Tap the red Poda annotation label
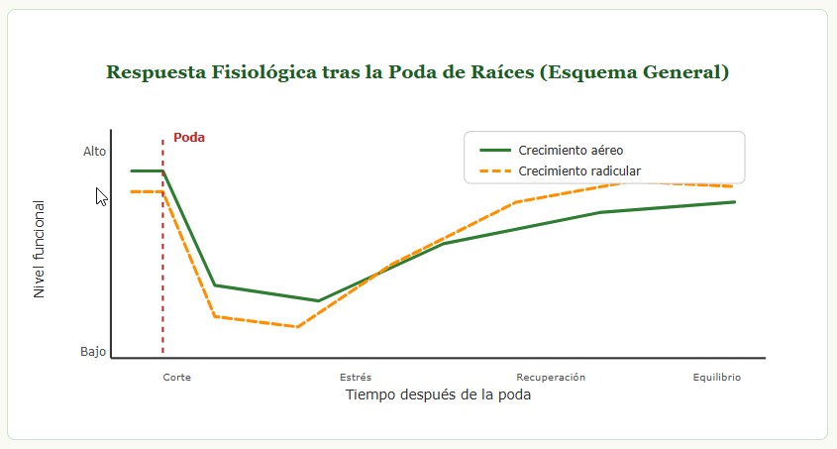[x=189, y=137]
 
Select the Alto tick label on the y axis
[x=94, y=152]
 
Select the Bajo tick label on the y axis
[x=93, y=352]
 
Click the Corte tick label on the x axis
[x=177, y=378]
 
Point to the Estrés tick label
[x=356, y=378]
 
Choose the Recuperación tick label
[x=551, y=378]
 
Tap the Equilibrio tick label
[x=716, y=378]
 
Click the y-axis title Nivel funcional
[x=40, y=250]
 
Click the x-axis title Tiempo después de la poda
[x=438, y=394]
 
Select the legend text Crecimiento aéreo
[x=571, y=150]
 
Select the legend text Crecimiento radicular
[x=579, y=170]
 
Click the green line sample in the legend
[x=494, y=150]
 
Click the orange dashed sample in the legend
[x=494, y=170]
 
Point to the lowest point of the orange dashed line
[x=296, y=326]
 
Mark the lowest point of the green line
[x=318, y=300]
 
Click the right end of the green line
[x=734, y=202]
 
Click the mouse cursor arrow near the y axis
[x=101, y=195]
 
